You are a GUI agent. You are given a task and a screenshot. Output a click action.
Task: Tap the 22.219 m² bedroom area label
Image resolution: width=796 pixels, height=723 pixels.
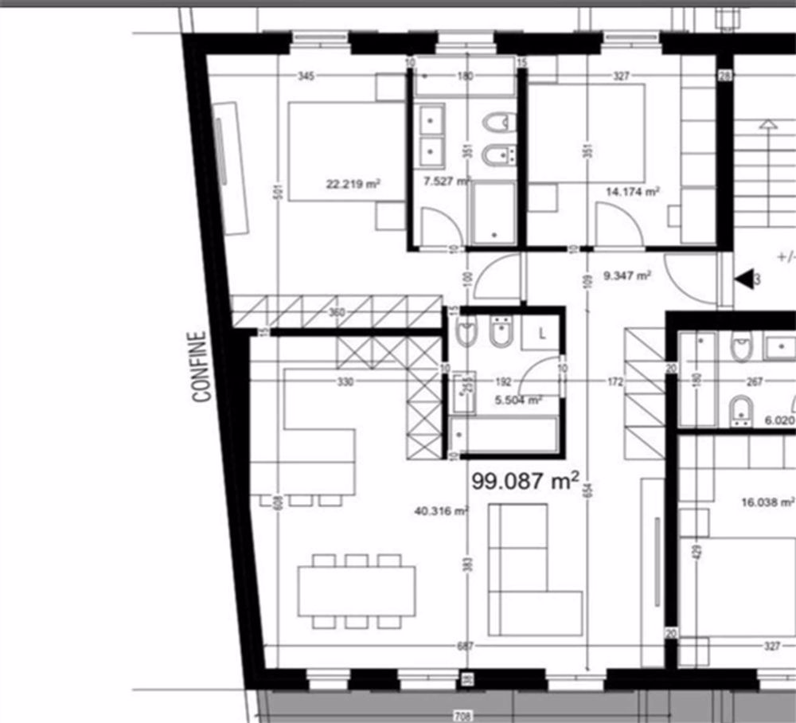(353, 184)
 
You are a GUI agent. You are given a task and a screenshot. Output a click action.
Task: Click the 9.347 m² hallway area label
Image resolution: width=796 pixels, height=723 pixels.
(628, 276)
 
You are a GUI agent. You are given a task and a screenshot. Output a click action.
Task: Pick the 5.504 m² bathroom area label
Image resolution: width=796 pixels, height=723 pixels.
(518, 400)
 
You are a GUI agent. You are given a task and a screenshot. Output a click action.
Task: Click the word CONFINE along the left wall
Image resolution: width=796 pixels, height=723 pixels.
(201, 366)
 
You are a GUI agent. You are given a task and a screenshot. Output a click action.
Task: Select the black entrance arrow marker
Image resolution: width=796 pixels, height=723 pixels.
(744, 279)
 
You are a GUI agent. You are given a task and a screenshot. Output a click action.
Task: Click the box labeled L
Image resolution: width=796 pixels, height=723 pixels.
(542, 334)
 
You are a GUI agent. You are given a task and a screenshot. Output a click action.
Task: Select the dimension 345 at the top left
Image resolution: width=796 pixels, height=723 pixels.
(306, 76)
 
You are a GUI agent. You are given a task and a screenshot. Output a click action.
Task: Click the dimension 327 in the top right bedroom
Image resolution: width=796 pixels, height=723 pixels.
(621, 76)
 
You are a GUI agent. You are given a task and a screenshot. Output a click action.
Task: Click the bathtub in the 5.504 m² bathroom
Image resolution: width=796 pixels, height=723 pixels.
(501, 438)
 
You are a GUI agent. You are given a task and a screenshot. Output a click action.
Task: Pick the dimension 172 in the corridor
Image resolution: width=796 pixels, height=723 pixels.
(615, 382)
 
